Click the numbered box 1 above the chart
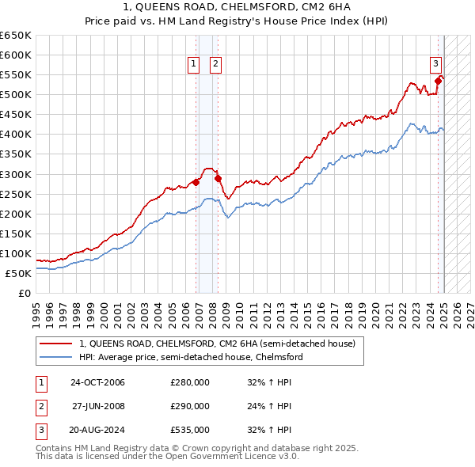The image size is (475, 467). click(x=193, y=65)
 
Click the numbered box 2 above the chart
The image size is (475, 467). click(x=215, y=65)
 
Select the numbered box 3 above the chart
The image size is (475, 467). click(x=435, y=65)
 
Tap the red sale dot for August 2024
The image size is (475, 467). click(x=438, y=81)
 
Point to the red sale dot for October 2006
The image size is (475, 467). click(x=196, y=182)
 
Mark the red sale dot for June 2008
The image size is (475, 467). click(x=218, y=178)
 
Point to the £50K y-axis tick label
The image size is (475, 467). click(x=18, y=273)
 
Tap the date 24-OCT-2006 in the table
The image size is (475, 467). click(x=97, y=383)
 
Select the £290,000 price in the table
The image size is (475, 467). click(x=190, y=407)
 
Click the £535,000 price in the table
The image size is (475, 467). click(x=190, y=431)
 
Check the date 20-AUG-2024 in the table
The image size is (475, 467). click(x=97, y=431)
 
